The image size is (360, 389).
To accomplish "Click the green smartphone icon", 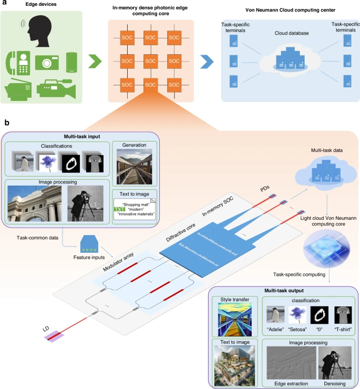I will [72, 62].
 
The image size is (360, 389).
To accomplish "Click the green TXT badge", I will [119, 210].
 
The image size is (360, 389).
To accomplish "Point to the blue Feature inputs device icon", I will [90, 242].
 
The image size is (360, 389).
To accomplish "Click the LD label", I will [47, 328].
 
